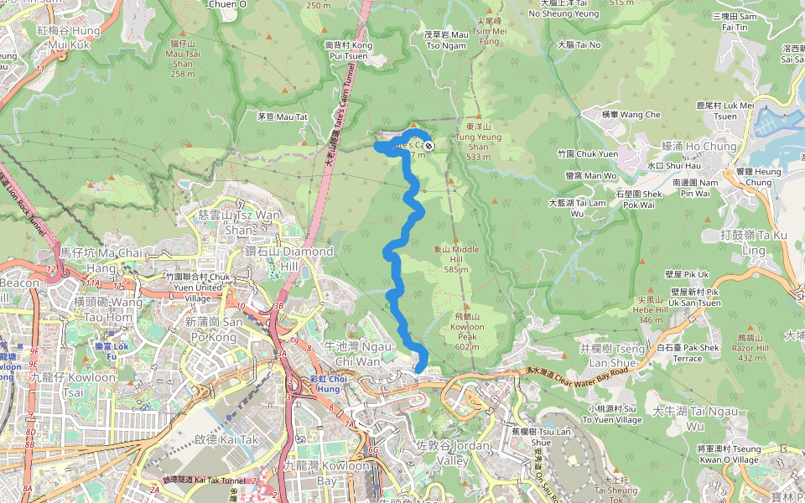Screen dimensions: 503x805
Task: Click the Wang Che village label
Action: click(631, 114)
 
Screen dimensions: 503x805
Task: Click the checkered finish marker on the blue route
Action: click(428, 146)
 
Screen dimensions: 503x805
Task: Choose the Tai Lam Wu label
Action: click(576, 207)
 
